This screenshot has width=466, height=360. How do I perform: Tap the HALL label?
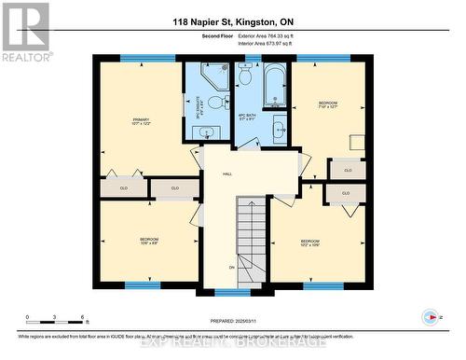pos(227,174)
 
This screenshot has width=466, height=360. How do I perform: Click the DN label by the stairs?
pos(230,267)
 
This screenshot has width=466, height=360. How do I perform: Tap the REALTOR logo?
pos(25,33)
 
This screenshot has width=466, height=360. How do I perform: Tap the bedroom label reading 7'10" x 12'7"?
pos(329,104)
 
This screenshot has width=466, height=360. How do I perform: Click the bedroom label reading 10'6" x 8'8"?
pos(149,242)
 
